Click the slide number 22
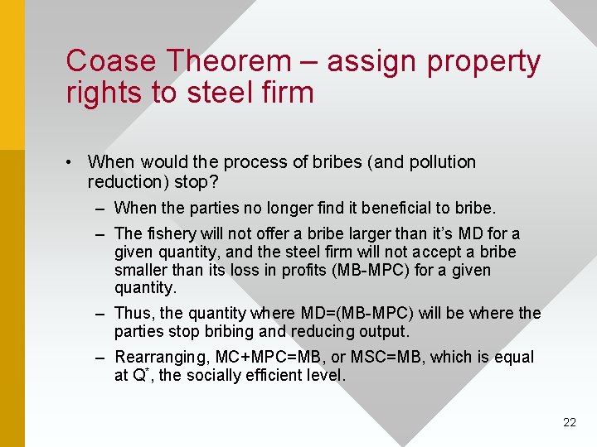point(569,422)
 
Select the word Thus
point(134,313)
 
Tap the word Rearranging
point(163,357)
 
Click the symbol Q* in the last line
point(140,374)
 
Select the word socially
point(217,375)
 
